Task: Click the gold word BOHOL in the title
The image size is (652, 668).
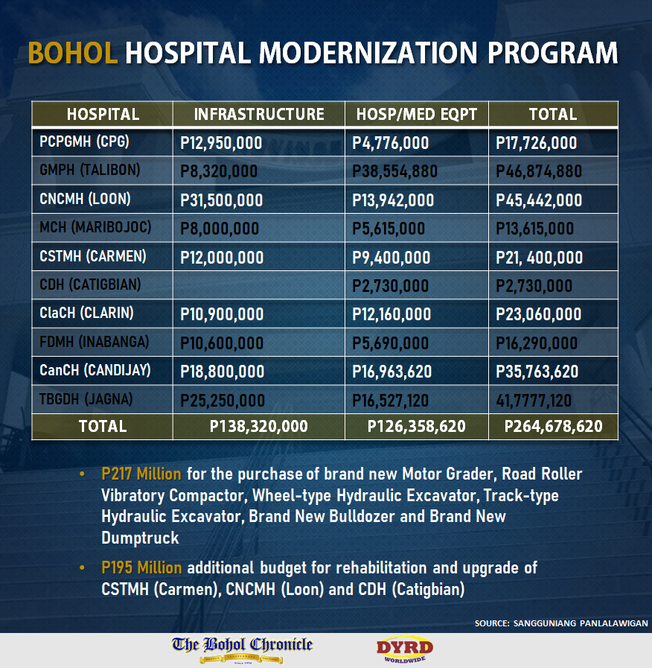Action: [x=72, y=54]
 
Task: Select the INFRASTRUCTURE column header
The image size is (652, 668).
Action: [x=259, y=114]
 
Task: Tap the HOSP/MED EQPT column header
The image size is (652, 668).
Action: [x=417, y=114]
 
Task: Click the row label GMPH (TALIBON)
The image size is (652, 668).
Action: [x=90, y=170]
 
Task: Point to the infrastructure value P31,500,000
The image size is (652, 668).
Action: [x=222, y=200]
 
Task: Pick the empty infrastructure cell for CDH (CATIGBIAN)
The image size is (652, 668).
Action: [x=259, y=285]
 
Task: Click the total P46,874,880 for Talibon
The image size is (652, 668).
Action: [x=539, y=171]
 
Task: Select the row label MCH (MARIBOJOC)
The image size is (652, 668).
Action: [x=95, y=227]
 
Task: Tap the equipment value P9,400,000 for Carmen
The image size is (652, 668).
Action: [x=391, y=258]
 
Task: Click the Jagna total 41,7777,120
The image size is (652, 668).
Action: [x=534, y=401]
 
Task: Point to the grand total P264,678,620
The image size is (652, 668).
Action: [x=553, y=427]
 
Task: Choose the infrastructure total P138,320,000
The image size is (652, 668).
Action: [x=258, y=427]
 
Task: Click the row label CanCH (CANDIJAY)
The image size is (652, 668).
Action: [x=95, y=370]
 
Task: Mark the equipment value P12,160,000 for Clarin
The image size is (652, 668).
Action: [x=391, y=314]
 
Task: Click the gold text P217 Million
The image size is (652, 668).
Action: [x=141, y=474]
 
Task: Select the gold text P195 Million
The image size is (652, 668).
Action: [x=141, y=567]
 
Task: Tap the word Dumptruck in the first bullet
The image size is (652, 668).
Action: [x=140, y=538]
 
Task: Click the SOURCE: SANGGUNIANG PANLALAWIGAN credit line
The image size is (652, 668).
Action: [x=561, y=623]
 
